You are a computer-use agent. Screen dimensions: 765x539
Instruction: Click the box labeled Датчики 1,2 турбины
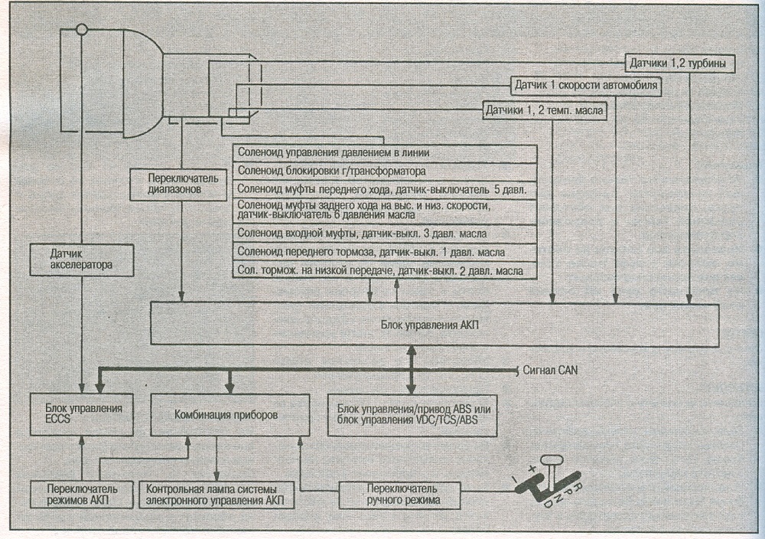click(x=679, y=64)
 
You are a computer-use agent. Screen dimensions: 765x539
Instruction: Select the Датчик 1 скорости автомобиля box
click(x=586, y=86)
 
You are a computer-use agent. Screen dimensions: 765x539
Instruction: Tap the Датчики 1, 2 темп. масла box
click(x=544, y=111)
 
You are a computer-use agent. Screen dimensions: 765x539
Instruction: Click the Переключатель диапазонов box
click(x=179, y=184)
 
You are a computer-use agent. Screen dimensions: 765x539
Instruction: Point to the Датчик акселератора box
click(x=81, y=260)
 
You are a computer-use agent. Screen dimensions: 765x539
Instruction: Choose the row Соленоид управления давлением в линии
click(x=385, y=153)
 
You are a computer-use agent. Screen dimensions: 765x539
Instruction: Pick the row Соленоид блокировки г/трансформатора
click(x=385, y=171)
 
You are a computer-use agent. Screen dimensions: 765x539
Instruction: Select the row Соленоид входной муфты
click(x=385, y=234)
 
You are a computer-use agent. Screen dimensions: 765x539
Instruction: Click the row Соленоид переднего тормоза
click(x=385, y=252)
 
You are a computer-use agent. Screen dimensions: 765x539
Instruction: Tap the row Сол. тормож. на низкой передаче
click(x=385, y=270)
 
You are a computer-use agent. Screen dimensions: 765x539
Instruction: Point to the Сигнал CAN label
click(x=550, y=370)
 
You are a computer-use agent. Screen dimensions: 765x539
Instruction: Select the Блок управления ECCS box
click(x=82, y=413)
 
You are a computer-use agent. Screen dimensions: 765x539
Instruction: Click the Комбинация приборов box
click(x=230, y=414)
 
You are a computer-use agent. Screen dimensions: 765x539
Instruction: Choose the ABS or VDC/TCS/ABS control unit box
click(x=413, y=414)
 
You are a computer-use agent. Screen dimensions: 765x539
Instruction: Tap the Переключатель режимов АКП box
click(x=82, y=494)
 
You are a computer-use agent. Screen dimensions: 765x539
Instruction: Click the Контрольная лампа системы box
click(x=216, y=494)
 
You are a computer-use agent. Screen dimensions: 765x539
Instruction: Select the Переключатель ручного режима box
click(x=400, y=494)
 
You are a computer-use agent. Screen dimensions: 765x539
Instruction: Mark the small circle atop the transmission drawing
click(x=83, y=30)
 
